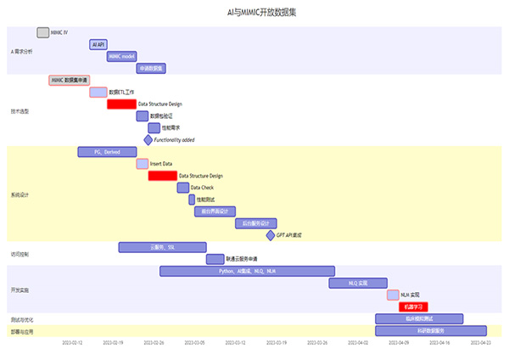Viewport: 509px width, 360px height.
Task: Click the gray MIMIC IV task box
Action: point(43,32)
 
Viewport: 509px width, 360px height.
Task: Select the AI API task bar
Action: point(98,44)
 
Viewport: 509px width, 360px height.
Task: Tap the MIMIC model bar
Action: point(121,56)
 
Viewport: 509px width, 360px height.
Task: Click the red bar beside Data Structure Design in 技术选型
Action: point(121,104)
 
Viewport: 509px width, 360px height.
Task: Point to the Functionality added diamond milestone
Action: point(148,139)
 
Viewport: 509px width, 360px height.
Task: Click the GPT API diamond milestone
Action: point(271,235)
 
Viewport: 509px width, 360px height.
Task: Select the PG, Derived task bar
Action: point(107,152)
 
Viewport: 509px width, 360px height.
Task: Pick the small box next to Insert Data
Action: point(143,163)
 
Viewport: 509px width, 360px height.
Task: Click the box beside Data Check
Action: point(183,188)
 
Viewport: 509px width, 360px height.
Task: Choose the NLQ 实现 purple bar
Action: point(358,283)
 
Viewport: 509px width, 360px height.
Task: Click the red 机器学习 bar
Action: point(413,307)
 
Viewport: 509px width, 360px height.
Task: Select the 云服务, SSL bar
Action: point(162,247)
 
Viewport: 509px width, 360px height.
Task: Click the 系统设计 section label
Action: point(20,194)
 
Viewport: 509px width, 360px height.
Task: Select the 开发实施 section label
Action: point(20,290)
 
